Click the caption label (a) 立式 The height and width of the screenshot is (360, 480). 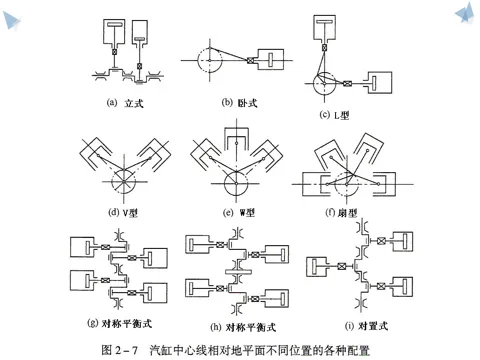pyautogui.click(x=125, y=103)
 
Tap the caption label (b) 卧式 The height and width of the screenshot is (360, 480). pyautogui.click(x=239, y=103)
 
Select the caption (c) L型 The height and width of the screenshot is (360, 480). pyautogui.click(x=334, y=115)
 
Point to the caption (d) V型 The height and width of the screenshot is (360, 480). pyautogui.click(x=123, y=212)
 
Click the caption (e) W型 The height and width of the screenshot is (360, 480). pyautogui.click(x=239, y=212)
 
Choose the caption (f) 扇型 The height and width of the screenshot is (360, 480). pyautogui.click(x=341, y=212)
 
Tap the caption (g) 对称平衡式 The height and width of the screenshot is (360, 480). pyautogui.click(x=119, y=323)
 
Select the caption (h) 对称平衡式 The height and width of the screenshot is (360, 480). pyautogui.click(x=243, y=327)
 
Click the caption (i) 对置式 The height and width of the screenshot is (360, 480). pyautogui.click(x=366, y=326)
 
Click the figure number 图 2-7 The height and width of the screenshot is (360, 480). pyautogui.click(x=120, y=350)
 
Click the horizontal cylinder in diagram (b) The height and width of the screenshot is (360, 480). pyautogui.click(x=271, y=60)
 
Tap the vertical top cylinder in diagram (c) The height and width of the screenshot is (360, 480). pyautogui.click(x=324, y=29)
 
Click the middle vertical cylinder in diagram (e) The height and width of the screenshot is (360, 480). pyautogui.click(x=236, y=138)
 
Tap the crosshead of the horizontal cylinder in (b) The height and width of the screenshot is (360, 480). pyautogui.click(x=250, y=60)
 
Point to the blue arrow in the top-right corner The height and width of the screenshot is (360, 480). pyautogui.click(x=465, y=12)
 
